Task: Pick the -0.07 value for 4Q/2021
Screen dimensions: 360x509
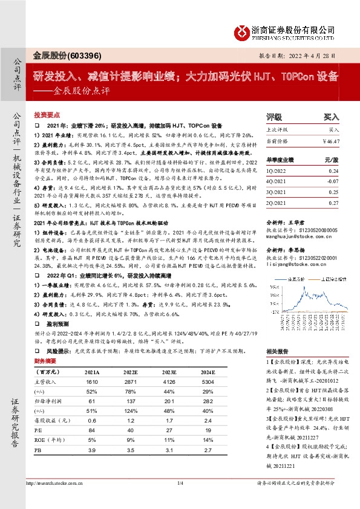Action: pos(330,181)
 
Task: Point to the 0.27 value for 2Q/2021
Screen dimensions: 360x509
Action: pos(332,204)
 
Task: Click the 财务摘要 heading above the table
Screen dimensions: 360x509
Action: pos(45,361)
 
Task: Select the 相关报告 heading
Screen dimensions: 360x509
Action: pos(277,351)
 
